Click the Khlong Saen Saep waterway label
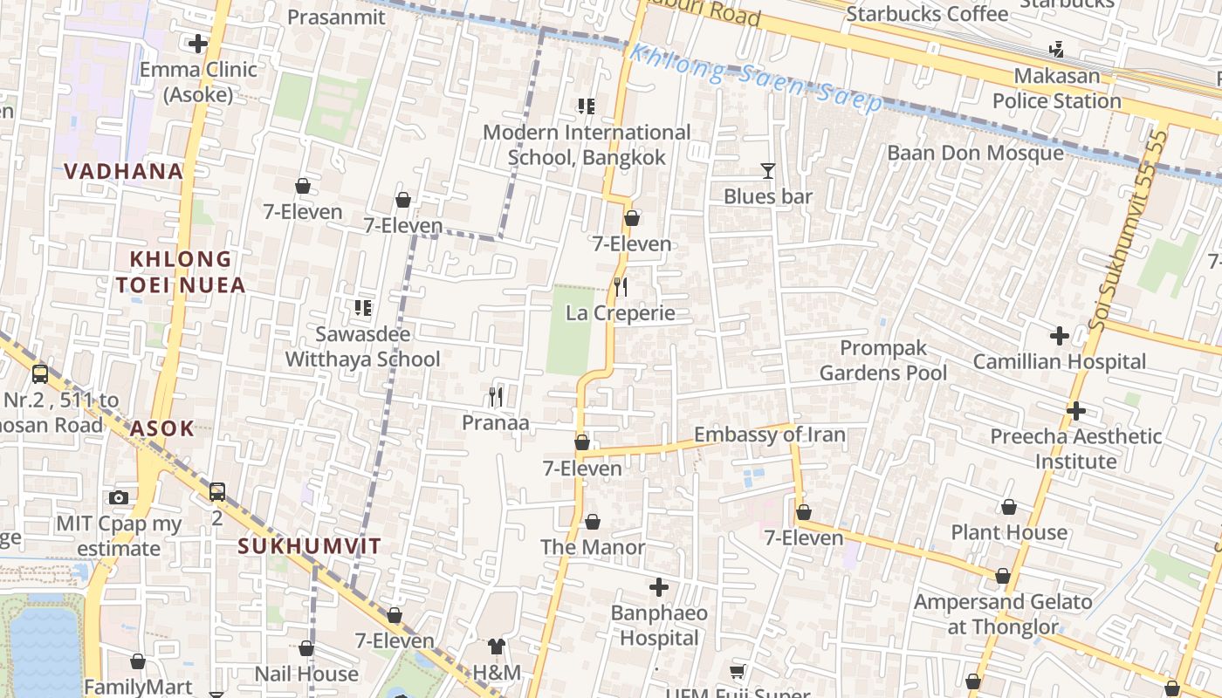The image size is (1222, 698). coord(756,79)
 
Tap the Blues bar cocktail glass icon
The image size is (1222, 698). coord(768,171)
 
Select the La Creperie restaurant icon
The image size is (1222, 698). coord(621,286)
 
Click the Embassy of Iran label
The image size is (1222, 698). coord(769,435)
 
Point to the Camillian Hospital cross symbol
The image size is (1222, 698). coord(1059,335)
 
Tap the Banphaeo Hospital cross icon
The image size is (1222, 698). coord(659,587)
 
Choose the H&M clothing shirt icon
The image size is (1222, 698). coord(496,646)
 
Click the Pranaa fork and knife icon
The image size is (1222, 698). coord(496,397)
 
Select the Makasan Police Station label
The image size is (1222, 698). coord(1057,88)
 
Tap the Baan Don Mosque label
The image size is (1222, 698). coord(975,154)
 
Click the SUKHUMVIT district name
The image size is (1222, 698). coord(310,546)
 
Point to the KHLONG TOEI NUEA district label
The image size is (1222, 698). coord(181,272)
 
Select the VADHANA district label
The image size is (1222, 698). coord(124,171)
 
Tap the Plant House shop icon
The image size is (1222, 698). coord(1009,507)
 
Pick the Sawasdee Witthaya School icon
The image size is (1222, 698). coord(363,307)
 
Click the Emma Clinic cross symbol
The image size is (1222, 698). coord(198,43)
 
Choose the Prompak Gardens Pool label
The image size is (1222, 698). coord(883,360)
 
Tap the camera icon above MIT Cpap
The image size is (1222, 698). coord(119,498)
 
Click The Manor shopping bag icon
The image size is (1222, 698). coord(593,522)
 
